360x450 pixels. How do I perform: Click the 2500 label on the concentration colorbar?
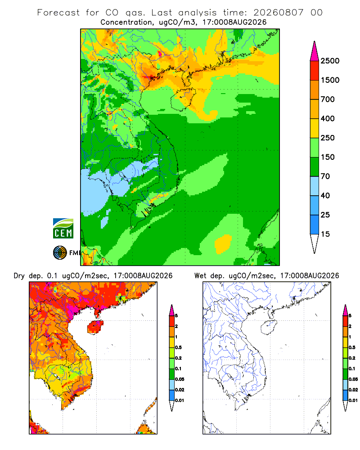(330, 61)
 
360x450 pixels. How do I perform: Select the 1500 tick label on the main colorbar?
(330, 80)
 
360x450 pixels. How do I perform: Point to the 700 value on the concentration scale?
(328, 99)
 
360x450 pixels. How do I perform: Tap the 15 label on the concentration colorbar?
(325, 234)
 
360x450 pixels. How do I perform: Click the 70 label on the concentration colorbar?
(325, 176)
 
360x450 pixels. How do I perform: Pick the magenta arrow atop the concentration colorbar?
(315, 51)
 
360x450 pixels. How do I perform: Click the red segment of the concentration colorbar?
(315, 71)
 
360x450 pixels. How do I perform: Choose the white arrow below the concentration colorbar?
(315, 244)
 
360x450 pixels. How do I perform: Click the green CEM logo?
(63, 229)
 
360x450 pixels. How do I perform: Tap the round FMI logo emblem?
(60, 253)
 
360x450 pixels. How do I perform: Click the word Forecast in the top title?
(58, 13)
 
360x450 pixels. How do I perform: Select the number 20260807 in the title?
(278, 13)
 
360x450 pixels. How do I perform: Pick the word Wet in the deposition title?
(200, 276)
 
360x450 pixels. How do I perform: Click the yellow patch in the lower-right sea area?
(223, 244)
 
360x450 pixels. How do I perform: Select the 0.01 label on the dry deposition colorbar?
(180, 400)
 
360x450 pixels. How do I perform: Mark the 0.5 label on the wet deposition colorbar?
(352, 347)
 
